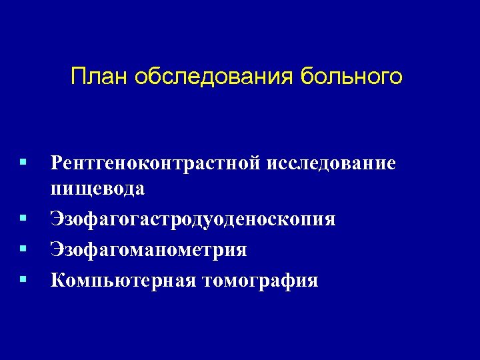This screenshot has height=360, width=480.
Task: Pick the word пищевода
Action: [x=97, y=189]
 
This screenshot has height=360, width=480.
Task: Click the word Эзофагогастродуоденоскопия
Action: [x=193, y=219]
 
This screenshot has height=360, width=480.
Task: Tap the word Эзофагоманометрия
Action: [x=149, y=250]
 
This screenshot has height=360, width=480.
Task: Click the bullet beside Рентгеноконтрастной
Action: [x=23, y=162]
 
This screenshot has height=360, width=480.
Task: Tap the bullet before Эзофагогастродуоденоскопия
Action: [x=23, y=217]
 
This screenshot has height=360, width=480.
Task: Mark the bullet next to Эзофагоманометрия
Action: [x=23, y=249]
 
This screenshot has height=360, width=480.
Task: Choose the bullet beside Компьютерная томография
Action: [x=23, y=279]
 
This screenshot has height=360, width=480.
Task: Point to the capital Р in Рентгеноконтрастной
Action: [x=56, y=163]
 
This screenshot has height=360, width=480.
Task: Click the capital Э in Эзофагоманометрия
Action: [x=56, y=250]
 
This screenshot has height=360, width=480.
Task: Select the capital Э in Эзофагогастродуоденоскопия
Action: [x=56, y=219]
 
